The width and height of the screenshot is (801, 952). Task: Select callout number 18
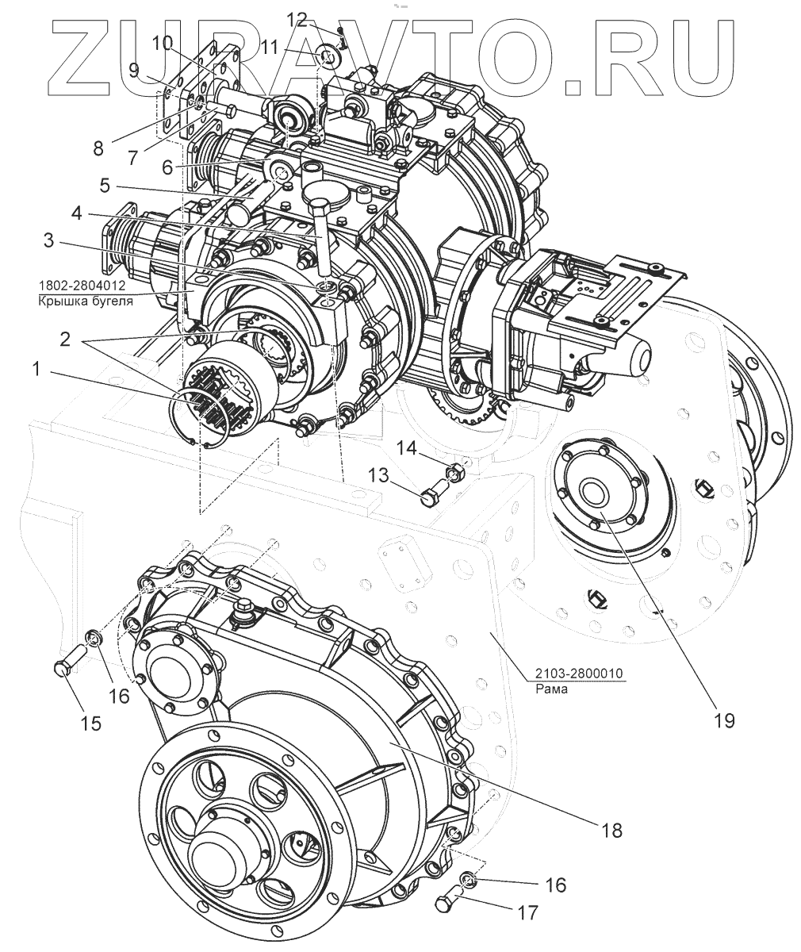pos(611,830)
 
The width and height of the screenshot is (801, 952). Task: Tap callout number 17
pos(527,912)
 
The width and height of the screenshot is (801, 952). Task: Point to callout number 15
pos(91,723)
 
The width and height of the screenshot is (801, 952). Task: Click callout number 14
pos(406,448)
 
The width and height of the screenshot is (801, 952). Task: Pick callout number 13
pos(378,475)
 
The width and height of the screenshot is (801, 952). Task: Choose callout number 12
pos(296,18)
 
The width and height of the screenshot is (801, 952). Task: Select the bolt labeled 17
pos(448,902)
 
